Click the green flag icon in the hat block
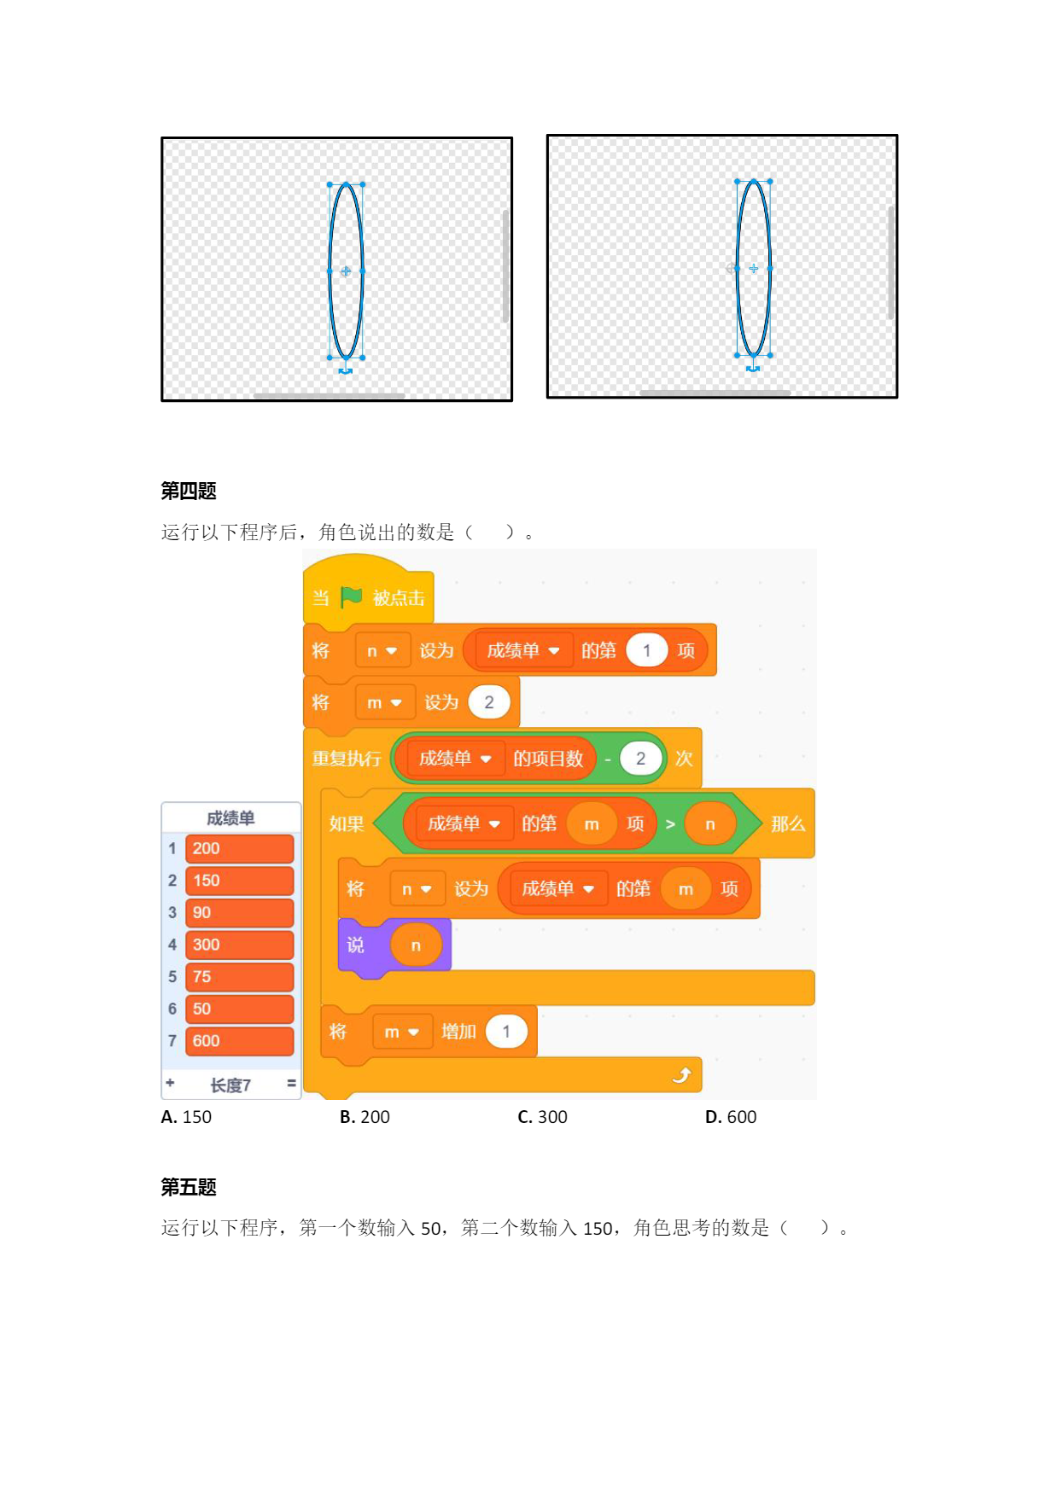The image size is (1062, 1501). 351,596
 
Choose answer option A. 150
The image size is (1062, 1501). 186,1117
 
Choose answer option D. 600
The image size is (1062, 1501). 731,1117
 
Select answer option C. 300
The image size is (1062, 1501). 542,1117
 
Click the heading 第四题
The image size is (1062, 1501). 189,491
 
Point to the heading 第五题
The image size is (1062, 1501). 189,1187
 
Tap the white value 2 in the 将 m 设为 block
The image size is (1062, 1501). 489,702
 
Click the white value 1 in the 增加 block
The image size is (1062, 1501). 506,1032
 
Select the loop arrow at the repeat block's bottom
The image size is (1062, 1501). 681,1075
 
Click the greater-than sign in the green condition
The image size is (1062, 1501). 670,824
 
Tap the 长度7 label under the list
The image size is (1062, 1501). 230,1085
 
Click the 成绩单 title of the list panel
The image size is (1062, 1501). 230,818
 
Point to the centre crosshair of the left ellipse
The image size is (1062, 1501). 346,271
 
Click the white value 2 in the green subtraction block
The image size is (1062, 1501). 640,759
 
